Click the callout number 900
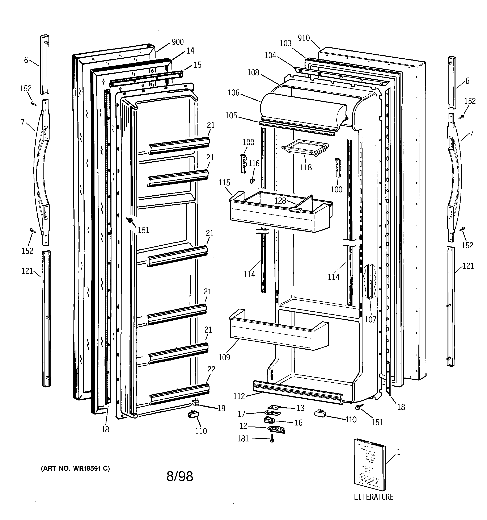click(x=178, y=42)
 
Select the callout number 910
click(x=304, y=38)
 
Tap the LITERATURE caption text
click(x=374, y=497)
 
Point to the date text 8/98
click(x=180, y=476)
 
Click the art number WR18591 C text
click(x=75, y=468)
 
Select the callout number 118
click(x=306, y=167)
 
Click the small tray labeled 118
click(x=305, y=147)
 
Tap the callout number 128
click(x=280, y=201)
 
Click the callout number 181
click(x=243, y=439)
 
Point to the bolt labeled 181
click(x=272, y=438)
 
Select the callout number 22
click(x=211, y=369)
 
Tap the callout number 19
click(x=221, y=408)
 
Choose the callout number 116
click(x=254, y=163)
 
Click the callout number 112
click(x=239, y=396)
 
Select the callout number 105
click(x=231, y=116)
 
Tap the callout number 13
click(x=301, y=408)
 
